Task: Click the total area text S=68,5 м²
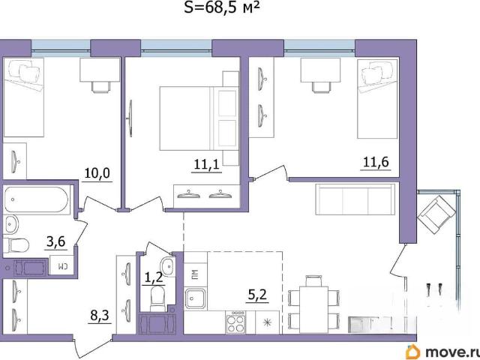click(x=222, y=7)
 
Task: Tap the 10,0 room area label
click(x=97, y=173)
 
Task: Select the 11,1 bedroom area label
click(x=207, y=165)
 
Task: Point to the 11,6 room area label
click(x=376, y=162)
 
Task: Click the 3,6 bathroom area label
click(x=55, y=242)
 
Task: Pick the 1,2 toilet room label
click(x=153, y=278)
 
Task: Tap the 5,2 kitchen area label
click(x=257, y=295)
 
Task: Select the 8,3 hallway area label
click(x=100, y=316)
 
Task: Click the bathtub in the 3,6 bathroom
click(x=37, y=199)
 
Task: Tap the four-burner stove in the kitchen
click(x=235, y=322)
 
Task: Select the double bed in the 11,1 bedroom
click(x=199, y=118)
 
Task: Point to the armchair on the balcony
click(x=436, y=215)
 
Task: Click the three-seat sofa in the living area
click(x=355, y=199)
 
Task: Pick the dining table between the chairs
click(x=313, y=309)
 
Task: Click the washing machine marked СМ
click(x=61, y=265)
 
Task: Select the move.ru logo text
click(x=443, y=352)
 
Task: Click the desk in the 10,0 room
click(x=100, y=70)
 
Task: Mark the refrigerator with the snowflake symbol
click(x=267, y=322)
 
